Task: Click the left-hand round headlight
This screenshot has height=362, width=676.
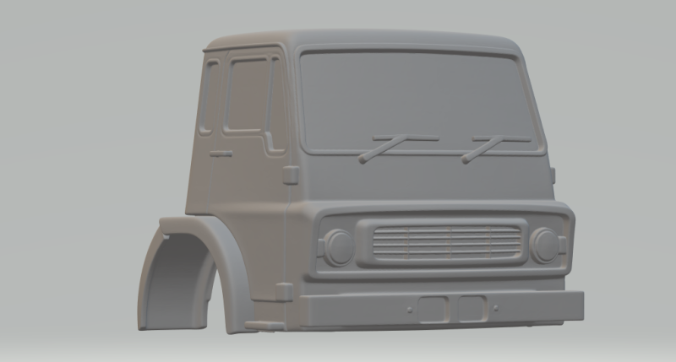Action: pyautogui.click(x=340, y=246)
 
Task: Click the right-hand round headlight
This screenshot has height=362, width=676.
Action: pyautogui.click(x=545, y=245)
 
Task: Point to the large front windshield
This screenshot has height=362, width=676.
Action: pyautogui.click(x=418, y=101)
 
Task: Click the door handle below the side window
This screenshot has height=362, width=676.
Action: pyautogui.click(x=221, y=154)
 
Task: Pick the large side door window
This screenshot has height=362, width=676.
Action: pyautogui.click(x=248, y=95)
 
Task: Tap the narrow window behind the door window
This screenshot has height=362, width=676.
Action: pyautogui.click(x=211, y=97)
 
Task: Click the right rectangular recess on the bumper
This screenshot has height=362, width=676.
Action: pyautogui.click(x=469, y=309)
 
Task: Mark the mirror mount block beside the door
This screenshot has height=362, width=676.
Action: pyautogui.click(x=290, y=176)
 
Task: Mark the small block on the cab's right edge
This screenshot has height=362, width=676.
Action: pyautogui.click(x=553, y=176)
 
